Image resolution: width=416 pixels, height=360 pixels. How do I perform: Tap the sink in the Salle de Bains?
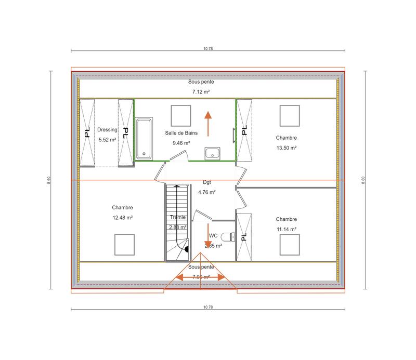click(x=212, y=154)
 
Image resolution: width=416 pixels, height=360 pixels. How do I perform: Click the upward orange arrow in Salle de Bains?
click(x=208, y=123)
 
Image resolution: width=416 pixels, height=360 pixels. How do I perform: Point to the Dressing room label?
click(x=107, y=130)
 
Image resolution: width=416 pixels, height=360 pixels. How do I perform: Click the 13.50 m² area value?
click(x=287, y=148)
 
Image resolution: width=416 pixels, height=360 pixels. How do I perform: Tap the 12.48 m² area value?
click(x=123, y=218)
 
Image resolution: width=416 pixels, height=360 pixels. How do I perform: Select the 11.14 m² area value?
click(x=287, y=229)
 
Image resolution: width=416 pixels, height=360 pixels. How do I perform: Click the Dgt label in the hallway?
click(x=207, y=182)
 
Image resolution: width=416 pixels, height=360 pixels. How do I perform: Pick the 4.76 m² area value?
click(x=207, y=192)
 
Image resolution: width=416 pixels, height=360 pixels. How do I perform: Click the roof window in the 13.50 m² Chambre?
click(x=290, y=115)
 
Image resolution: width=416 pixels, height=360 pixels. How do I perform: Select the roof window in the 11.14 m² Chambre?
click(x=289, y=244)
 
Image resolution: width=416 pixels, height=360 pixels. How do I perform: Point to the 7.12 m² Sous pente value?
click(x=201, y=92)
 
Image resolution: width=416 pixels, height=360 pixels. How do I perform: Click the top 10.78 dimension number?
click(x=208, y=48)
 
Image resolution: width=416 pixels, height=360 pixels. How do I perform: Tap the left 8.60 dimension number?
click(x=49, y=179)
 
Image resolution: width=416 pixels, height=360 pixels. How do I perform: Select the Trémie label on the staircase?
click(x=177, y=217)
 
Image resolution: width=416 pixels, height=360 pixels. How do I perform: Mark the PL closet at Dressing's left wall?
click(x=87, y=132)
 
